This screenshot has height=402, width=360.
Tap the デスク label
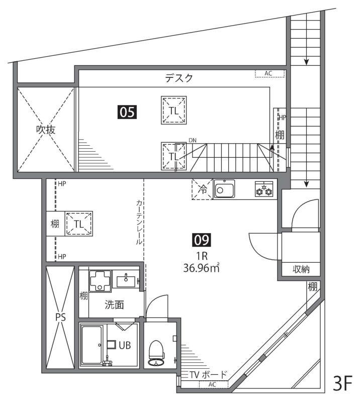[179, 78]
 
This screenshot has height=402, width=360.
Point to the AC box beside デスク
[269, 73]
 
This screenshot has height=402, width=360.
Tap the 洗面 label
[114, 305]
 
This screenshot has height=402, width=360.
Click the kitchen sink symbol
[225, 190]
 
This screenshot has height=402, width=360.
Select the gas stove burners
[264, 190]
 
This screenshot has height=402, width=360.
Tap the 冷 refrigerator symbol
[202, 190]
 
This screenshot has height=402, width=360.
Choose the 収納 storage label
[301, 270]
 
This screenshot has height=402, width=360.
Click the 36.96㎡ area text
[201, 268]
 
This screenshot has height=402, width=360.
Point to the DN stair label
[193, 141]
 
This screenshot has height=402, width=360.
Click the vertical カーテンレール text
[139, 221]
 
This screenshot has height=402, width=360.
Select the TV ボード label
[208, 375]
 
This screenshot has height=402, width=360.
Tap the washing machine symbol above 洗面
[101, 280]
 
